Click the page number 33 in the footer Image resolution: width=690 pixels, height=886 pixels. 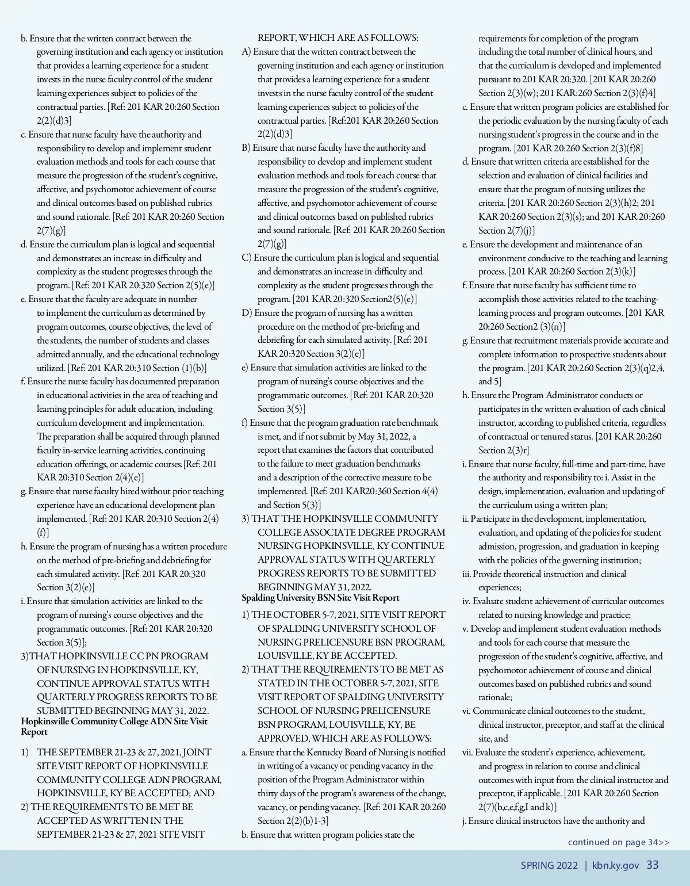pos(653,865)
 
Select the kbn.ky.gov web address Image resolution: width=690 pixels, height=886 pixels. pos(615,865)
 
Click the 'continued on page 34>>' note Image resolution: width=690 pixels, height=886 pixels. pos(618,842)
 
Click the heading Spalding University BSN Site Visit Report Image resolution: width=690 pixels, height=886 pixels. pos(320,598)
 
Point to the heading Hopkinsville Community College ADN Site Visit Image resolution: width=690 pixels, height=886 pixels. pos(114,721)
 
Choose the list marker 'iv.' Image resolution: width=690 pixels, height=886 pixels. pos(466,601)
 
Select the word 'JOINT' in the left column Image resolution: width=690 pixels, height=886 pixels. pos(197,753)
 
